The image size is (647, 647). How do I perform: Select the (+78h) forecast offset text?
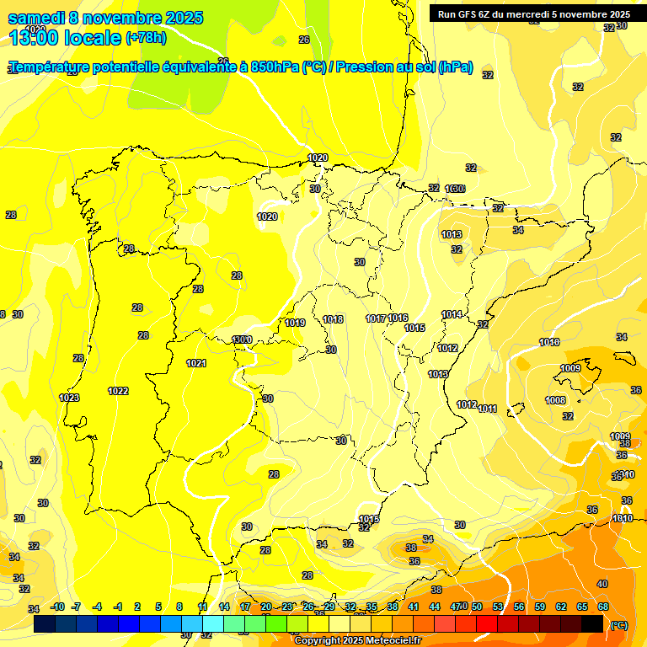[x=146, y=38]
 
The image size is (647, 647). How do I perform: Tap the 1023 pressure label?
[x=69, y=398]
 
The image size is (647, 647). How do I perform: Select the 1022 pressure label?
[x=118, y=391]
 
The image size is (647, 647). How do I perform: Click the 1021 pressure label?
[x=196, y=363]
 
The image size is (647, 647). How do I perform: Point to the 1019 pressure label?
[x=295, y=323]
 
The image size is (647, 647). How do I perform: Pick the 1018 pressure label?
[x=333, y=319]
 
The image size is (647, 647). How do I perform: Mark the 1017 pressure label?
[x=376, y=318]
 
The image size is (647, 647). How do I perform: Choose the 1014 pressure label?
[x=452, y=314]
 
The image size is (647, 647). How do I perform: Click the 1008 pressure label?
[x=555, y=400]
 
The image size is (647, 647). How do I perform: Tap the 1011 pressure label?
[x=488, y=409]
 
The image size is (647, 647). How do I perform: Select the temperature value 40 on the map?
[x=602, y=584]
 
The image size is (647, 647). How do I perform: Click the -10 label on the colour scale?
[x=57, y=607]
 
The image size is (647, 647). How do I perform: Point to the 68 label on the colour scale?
[x=603, y=607]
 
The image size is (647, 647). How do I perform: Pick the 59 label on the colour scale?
[x=540, y=607]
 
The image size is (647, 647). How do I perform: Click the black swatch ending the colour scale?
[x=592, y=623]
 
